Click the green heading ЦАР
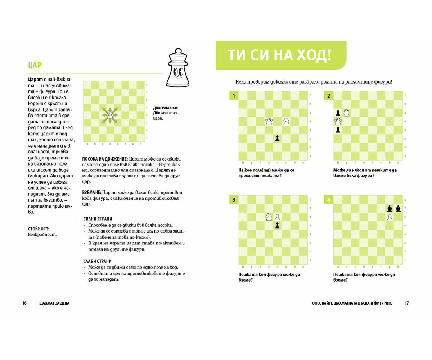tap(35, 65)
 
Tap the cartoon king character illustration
tap(178, 68)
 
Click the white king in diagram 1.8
tap(110, 115)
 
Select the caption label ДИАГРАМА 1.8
tap(165, 108)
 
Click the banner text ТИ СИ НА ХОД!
tap(279, 56)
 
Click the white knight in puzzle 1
tap(286, 121)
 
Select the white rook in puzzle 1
tap(269, 121)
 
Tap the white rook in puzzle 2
tap(347, 113)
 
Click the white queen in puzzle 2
tap(338, 121)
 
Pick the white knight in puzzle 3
tap(269, 217)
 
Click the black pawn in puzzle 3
tap(277, 225)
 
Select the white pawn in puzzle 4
tap(390, 217)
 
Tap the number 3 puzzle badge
tap(234, 200)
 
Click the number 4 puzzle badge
tap(329, 200)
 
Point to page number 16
tap(24, 303)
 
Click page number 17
tap(406, 303)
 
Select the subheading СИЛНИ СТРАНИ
tap(98, 219)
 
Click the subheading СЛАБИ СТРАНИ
tap(97, 261)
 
